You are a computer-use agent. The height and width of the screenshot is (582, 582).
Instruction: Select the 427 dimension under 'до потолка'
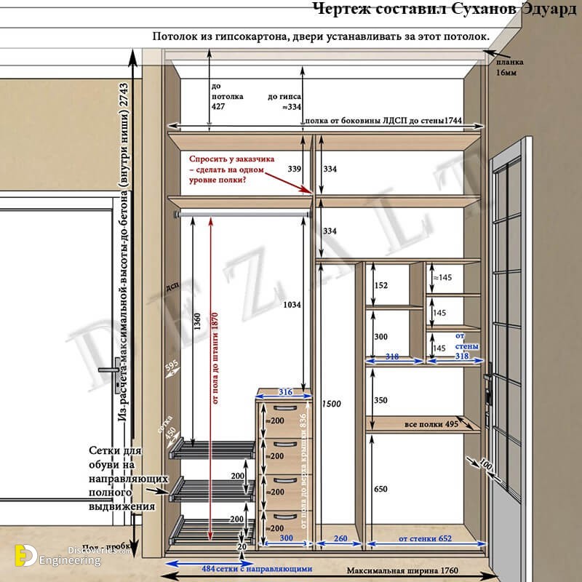pos(218,107)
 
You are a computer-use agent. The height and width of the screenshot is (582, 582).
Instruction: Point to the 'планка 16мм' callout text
pos(510,68)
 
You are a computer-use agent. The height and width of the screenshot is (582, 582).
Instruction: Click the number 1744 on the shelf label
pos(452,120)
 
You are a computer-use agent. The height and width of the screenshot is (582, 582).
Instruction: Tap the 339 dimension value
pos(294,169)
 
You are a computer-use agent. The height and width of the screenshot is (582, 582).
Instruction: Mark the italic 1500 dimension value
pos(330,404)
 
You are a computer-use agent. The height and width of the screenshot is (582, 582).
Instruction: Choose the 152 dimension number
pos(380,286)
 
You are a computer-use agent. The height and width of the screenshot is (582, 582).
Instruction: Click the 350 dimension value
pos(380,401)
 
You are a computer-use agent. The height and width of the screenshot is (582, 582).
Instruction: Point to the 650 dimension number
pos(380,488)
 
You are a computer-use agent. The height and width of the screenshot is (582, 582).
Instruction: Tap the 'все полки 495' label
pos(431,424)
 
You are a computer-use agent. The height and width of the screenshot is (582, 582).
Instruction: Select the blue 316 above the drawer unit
pos(284,392)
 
